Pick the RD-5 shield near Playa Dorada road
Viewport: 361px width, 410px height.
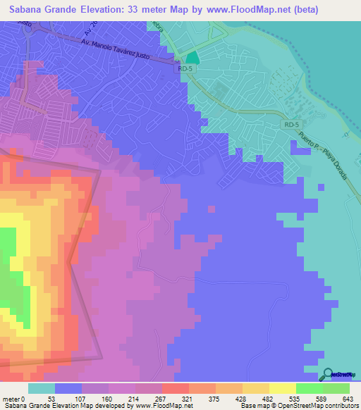coord(292,124)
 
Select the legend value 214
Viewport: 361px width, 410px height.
coord(133,398)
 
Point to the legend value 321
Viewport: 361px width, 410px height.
coord(187,398)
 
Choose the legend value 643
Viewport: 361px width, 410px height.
coord(348,398)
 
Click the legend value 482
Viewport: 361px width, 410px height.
coord(268,398)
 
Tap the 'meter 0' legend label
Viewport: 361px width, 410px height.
coord(15,398)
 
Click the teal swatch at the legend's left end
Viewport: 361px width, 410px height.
coord(42,388)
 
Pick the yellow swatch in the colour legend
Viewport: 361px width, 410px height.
coord(282,388)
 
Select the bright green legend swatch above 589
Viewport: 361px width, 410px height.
coord(309,388)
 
